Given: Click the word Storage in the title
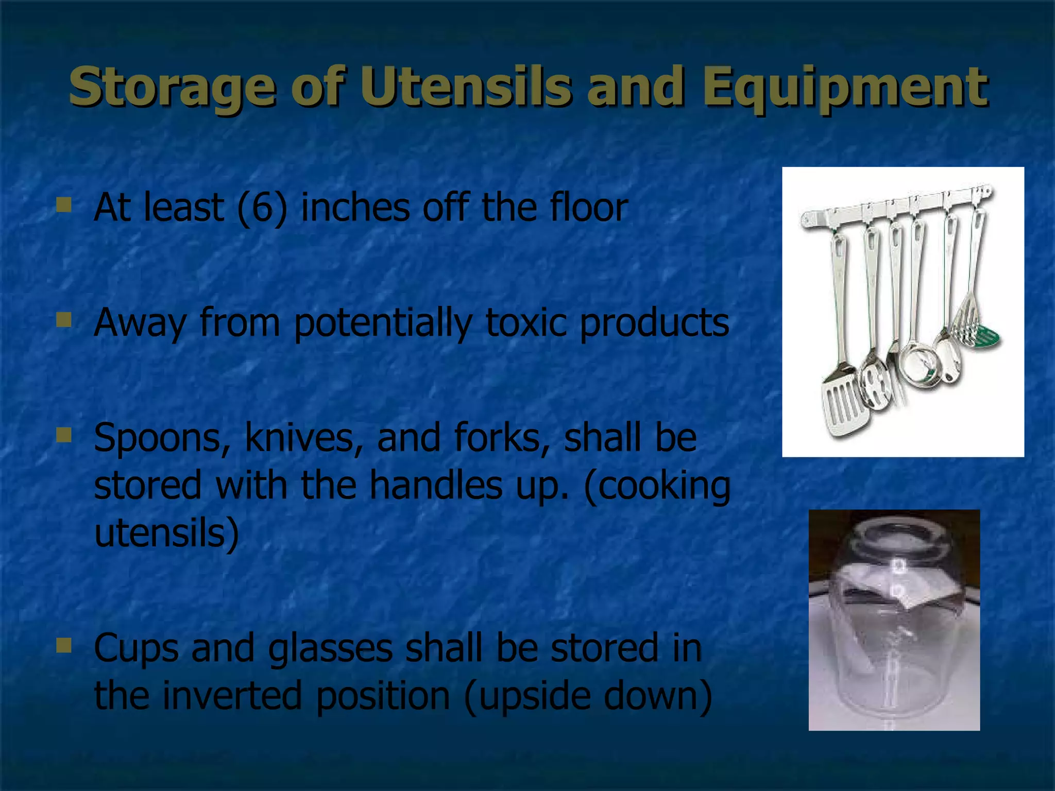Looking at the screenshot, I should click(171, 87).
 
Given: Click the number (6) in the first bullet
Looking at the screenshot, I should click(262, 208).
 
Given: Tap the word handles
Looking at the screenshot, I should click(435, 485).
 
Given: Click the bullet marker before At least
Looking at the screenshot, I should click(64, 205).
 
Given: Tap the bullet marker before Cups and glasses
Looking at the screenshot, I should click(64, 645).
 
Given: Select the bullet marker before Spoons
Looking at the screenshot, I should click(64, 436).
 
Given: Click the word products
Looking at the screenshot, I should click(654, 322).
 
